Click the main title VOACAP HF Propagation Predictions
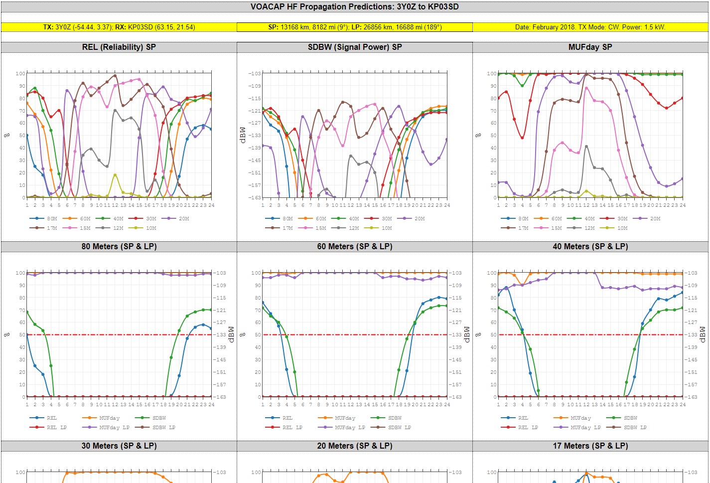pos(354,6)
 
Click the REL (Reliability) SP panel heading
pos(119,47)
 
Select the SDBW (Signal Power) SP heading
pos(355,47)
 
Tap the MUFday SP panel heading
pos(590,47)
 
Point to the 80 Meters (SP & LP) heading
pos(119,246)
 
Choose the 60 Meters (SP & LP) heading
pos(355,246)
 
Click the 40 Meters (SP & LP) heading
pos(590,246)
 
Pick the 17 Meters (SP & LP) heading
pos(590,446)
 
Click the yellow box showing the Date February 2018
pos(590,27)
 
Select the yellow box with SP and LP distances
pos(355,27)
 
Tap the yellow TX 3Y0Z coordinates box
pos(119,27)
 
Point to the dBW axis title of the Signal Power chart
pos(243,135)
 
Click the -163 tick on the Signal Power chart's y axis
pos(255,197)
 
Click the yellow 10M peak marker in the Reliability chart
pos(115,175)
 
